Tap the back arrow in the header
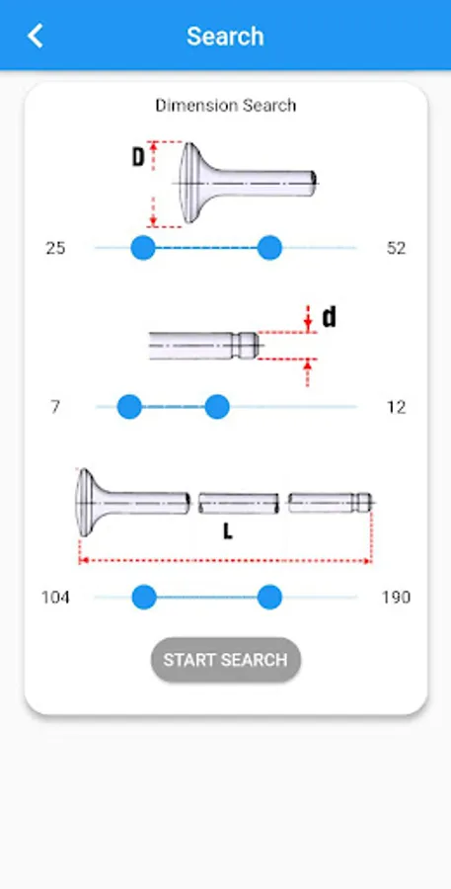coord(36,36)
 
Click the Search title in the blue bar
coord(225,37)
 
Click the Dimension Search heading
coord(225,106)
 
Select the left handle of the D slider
coord(143,248)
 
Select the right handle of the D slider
coord(269,248)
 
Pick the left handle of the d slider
coord(129,407)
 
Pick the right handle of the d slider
coord(216,407)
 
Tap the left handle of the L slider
coord(144,597)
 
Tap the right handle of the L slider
coord(269,597)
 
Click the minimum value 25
coord(55,248)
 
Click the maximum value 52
coord(396,248)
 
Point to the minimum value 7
coord(55,407)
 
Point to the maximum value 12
coord(396,407)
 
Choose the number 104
coord(55,598)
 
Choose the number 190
coord(396,598)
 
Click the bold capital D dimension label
coord(138,158)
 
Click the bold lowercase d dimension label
coord(329,317)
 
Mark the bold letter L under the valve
coord(227,531)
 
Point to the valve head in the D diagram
coord(191,183)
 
